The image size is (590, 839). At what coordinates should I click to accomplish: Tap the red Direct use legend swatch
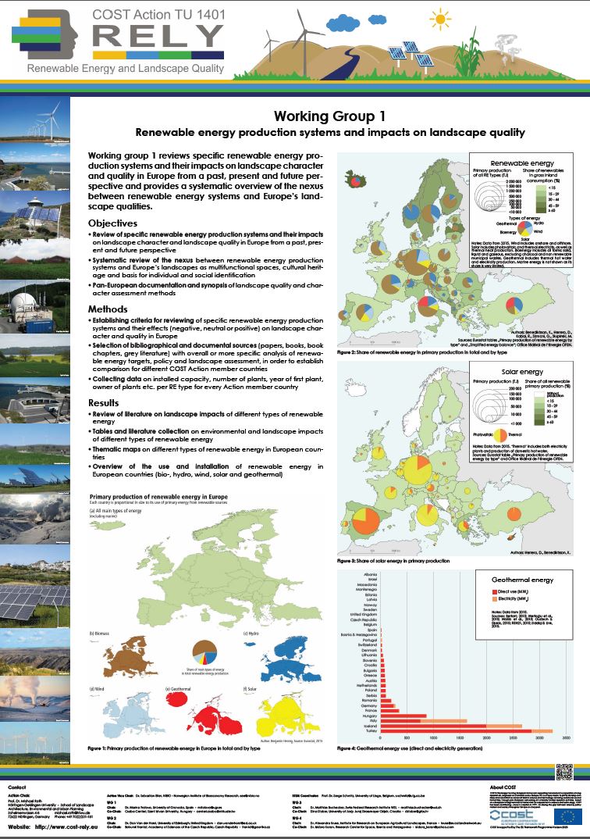pyautogui.click(x=475, y=591)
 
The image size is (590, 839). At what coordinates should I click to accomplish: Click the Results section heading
pyautogui.click(x=108, y=402)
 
